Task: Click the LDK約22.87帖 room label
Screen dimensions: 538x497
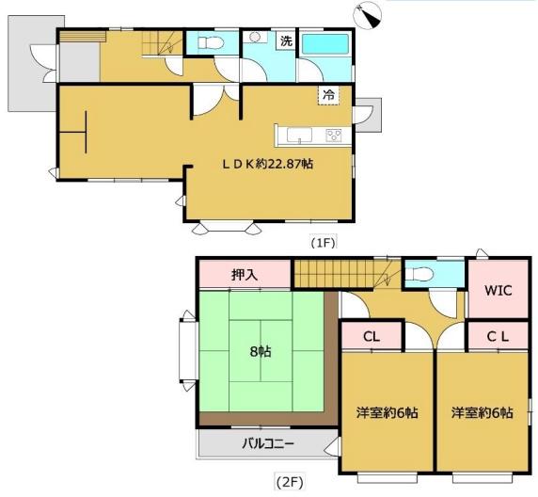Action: tap(268, 164)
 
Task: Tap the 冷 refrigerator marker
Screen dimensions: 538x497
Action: tap(328, 94)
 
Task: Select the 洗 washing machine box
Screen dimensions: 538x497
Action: tap(286, 41)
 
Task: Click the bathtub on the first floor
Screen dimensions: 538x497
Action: tap(325, 43)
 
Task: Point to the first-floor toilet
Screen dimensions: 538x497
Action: tap(211, 43)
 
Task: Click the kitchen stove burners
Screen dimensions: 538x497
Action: tap(334, 135)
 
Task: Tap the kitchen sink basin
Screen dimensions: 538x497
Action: tap(299, 135)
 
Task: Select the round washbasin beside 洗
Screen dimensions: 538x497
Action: tap(256, 37)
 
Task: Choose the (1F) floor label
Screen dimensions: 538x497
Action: tap(324, 243)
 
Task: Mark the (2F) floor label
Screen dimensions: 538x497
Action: tap(290, 483)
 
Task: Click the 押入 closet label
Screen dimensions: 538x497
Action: tap(245, 275)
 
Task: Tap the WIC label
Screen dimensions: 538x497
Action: tap(498, 291)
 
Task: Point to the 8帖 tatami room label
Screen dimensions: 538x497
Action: tap(261, 351)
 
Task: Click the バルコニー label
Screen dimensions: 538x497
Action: tap(268, 443)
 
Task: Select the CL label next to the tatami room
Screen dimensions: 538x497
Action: tap(372, 337)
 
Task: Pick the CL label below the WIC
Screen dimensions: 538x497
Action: tap(498, 337)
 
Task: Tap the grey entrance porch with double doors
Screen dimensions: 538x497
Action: tap(33, 64)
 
